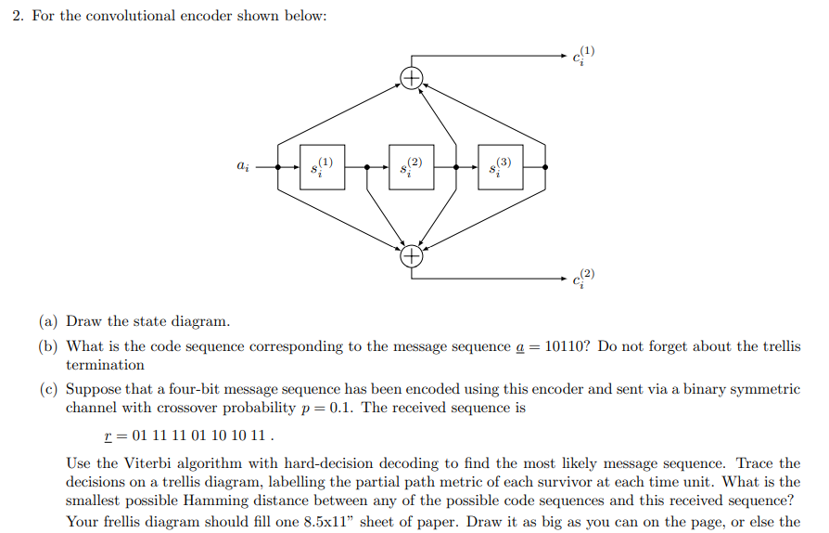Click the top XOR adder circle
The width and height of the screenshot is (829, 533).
click(411, 76)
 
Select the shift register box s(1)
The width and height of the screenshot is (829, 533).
click(322, 167)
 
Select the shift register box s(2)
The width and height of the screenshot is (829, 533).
click(411, 167)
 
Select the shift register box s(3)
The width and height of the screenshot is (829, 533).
click(500, 167)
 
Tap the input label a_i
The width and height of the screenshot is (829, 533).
click(242, 167)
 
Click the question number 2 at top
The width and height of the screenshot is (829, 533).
click(18, 18)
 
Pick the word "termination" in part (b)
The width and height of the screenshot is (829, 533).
click(105, 365)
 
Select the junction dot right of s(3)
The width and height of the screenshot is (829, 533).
click(544, 167)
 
